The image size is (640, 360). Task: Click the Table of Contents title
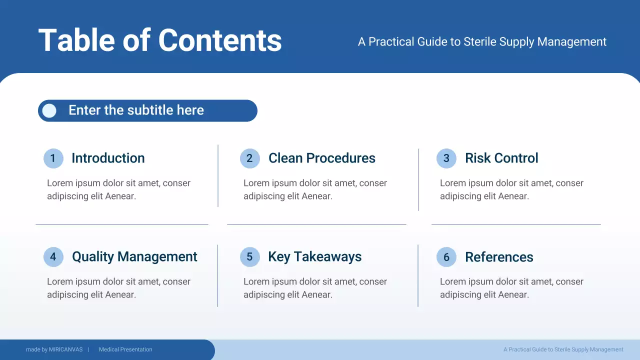point(160,40)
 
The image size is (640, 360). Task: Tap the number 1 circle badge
point(53,158)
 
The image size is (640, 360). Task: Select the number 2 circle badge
point(249,158)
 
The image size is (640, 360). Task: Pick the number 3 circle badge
point(446,158)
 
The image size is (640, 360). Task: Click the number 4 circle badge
point(53,257)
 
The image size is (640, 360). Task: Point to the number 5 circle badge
point(249,257)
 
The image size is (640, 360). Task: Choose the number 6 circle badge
point(446,257)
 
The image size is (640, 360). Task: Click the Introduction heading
point(108,158)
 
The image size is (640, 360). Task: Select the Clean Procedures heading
point(321,158)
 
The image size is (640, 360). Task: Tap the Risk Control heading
point(501,158)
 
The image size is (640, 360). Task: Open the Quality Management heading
point(134,256)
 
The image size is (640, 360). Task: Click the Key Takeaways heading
point(314,256)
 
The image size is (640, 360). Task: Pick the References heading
point(499,257)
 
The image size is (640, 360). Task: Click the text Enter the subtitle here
point(136,110)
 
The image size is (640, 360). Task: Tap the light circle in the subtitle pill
point(49,110)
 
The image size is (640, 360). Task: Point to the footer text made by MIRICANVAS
point(54,349)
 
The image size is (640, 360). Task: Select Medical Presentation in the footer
point(125,349)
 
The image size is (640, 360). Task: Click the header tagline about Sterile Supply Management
point(482,42)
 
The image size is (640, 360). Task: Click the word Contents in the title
point(220,40)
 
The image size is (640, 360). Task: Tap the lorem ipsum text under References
point(511,288)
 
